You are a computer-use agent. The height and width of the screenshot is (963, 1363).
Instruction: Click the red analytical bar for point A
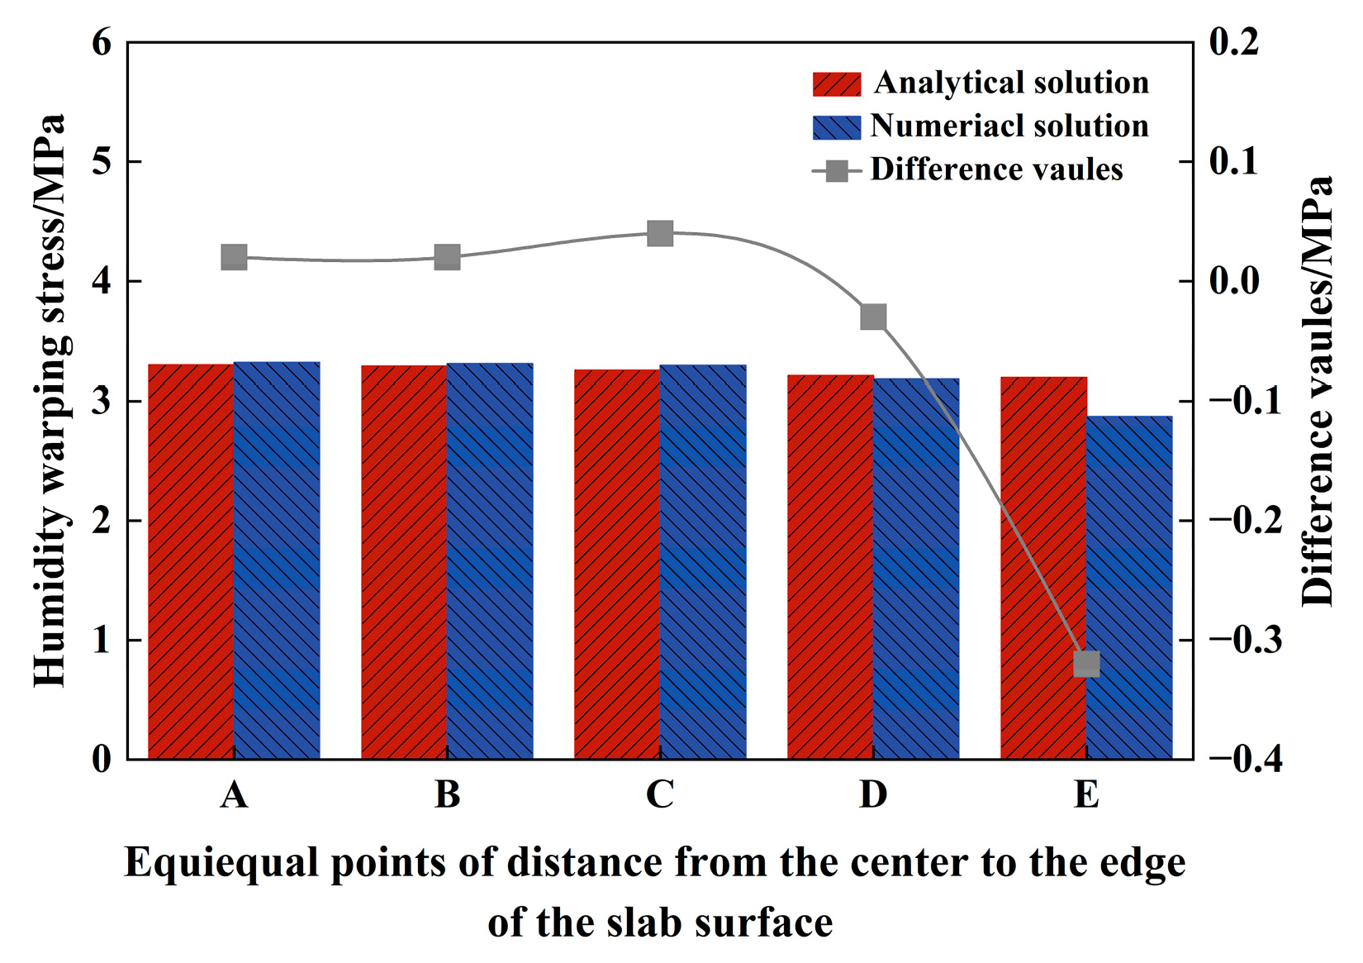click(191, 562)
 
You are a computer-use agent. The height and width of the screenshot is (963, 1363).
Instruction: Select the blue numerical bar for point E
click(1129, 587)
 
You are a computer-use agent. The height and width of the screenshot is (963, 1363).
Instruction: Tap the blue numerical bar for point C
click(703, 562)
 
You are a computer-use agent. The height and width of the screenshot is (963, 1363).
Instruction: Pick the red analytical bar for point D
click(830, 567)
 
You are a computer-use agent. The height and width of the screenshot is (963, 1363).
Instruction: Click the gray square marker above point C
click(660, 234)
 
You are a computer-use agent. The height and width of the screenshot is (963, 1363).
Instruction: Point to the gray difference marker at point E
click(1086, 664)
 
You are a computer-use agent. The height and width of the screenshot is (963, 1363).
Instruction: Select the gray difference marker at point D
click(873, 317)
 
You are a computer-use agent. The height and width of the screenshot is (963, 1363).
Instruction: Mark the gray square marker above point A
click(234, 257)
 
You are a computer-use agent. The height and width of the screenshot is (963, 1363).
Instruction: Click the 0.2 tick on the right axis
click(1234, 41)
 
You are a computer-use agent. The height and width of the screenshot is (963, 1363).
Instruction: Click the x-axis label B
click(447, 794)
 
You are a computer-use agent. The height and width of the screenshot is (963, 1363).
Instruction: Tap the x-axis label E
click(1086, 794)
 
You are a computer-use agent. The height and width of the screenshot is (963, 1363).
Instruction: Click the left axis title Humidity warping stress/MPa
click(50, 401)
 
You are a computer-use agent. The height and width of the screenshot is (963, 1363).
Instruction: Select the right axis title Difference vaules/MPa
click(1318, 393)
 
